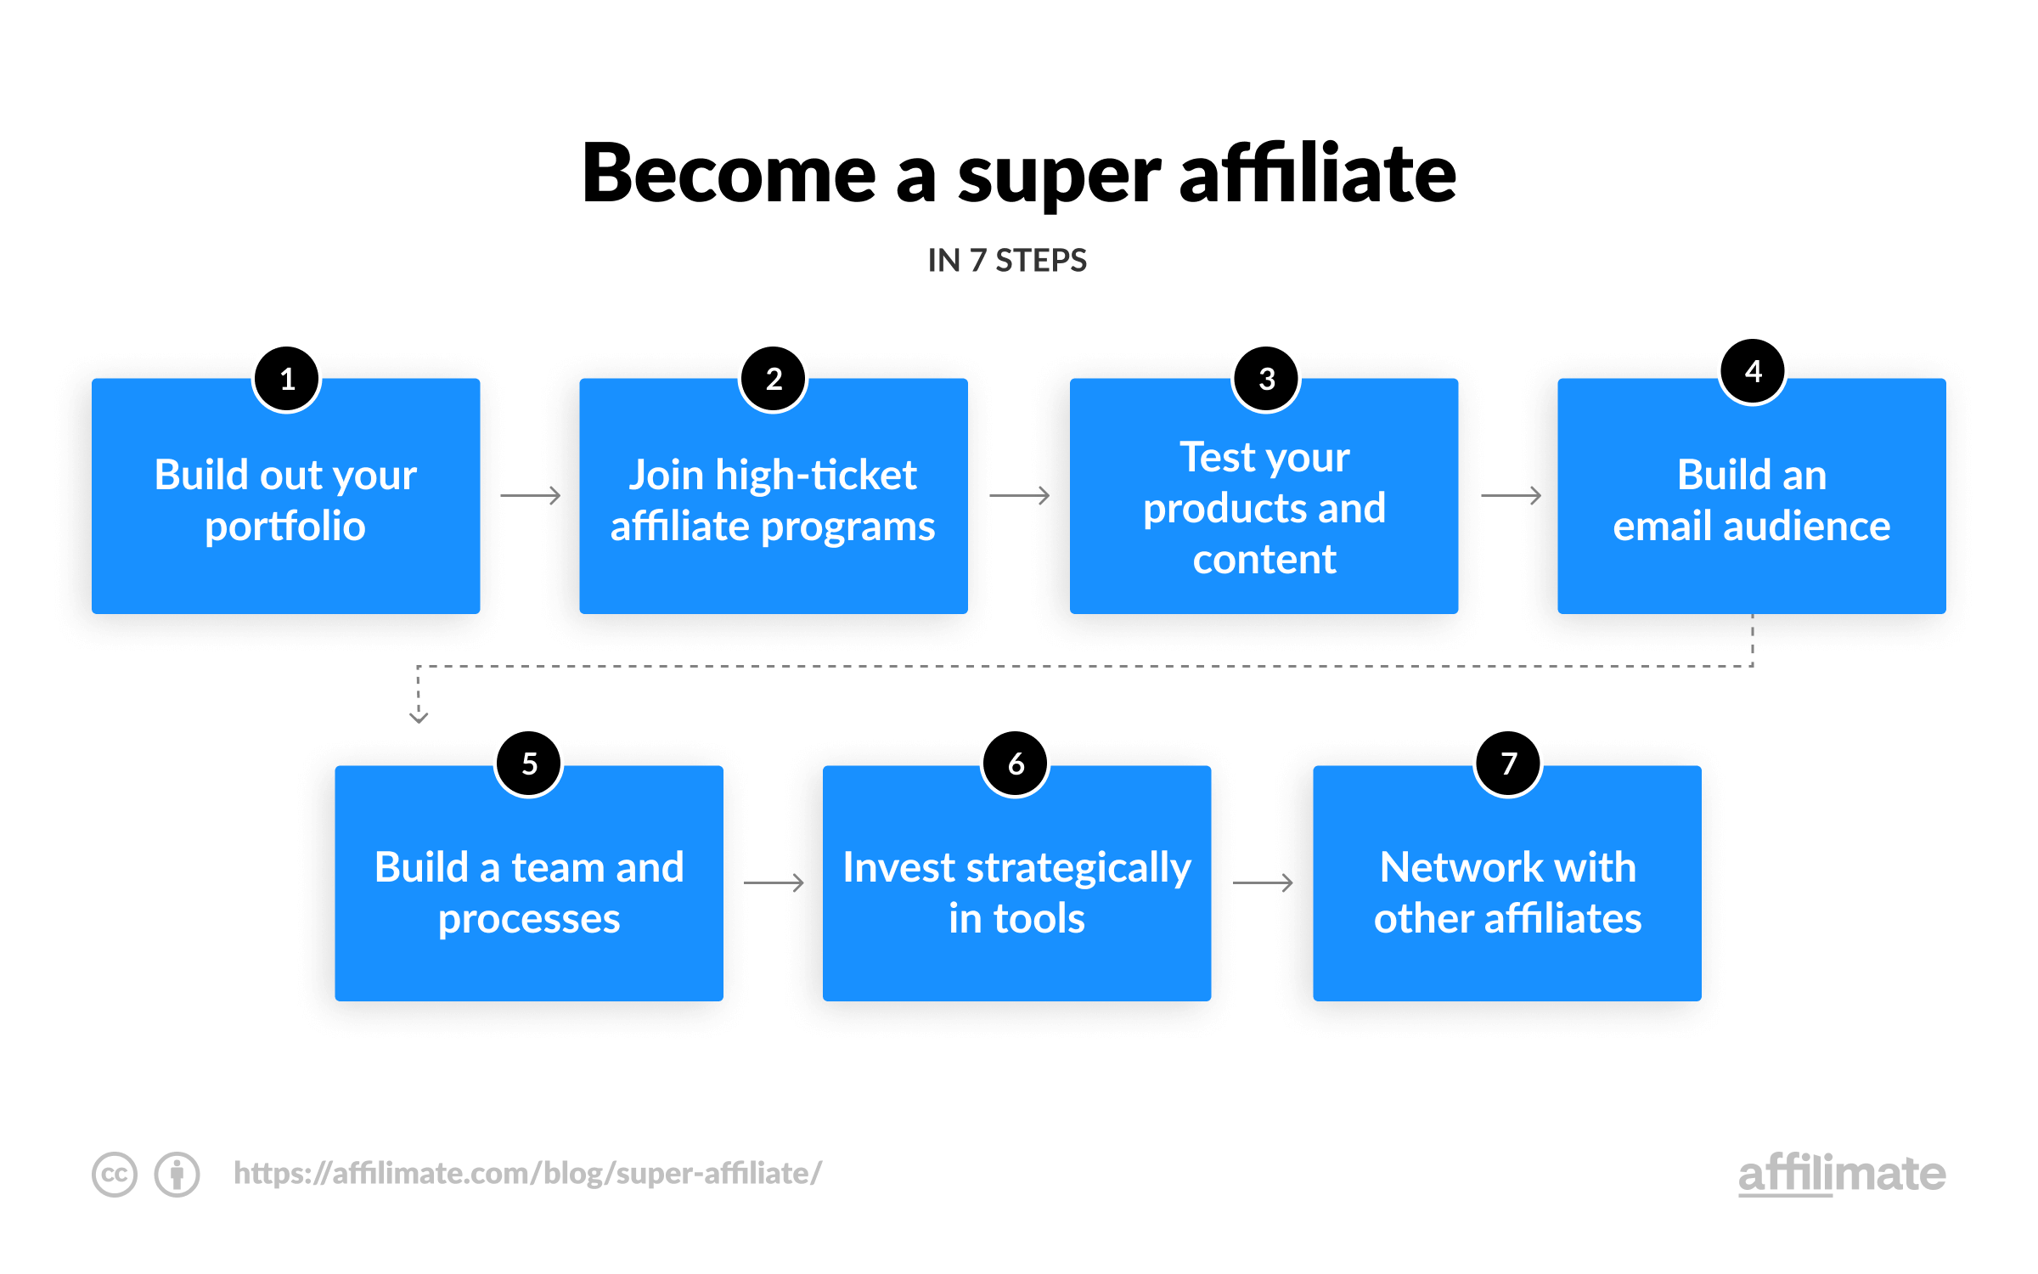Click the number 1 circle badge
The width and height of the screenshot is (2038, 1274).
[287, 379]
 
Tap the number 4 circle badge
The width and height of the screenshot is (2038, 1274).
[1753, 371]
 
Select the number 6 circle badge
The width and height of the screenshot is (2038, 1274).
[1016, 764]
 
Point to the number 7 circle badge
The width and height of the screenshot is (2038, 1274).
[1508, 764]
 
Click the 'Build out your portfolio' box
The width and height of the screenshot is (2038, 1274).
[286, 496]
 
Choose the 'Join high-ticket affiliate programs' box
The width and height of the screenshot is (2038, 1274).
[774, 496]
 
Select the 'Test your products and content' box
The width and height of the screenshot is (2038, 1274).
[1264, 496]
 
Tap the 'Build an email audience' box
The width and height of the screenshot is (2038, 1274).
[1752, 496]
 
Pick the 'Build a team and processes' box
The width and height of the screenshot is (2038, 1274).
[529, 883]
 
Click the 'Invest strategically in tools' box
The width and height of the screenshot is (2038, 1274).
[1016, 883]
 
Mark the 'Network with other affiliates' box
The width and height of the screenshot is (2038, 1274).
[1507, 883]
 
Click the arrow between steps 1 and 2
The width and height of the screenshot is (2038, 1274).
[531, 495]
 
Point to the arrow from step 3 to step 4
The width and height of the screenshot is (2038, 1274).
[1512, 495]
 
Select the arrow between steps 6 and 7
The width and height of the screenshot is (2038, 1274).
[1263, 883]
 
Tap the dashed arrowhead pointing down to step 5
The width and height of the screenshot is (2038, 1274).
[419, 717]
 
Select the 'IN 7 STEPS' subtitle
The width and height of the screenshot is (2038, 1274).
[1007, 260]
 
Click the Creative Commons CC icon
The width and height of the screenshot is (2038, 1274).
[115, 1175]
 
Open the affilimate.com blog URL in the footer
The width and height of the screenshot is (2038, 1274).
[527, 1173]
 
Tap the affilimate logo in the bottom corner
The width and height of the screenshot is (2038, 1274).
[1842, 1174]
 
